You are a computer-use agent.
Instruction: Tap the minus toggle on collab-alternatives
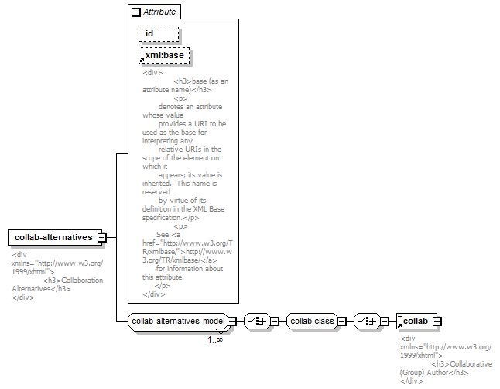pyautogui.click(x=102, y=238)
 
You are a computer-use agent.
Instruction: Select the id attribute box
pyautogui.click(x=159, y=33)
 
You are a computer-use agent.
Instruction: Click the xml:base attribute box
pyautogui.click(x=164, y=55)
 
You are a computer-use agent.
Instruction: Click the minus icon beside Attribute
pyautogui.click(x=136, y=12)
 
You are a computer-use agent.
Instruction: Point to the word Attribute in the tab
pyautogui.click(x=159, y=12)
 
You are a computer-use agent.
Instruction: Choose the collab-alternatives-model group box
pyautogui.click(x=178, y=322)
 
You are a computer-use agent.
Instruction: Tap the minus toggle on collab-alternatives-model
pyautogui.click(x=232, y=322)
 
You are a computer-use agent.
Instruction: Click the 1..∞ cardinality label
pyautogui.click(x=215, y=339)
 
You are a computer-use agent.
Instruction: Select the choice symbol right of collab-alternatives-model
pyautogui.click(x=257, y=322)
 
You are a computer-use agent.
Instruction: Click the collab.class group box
pyautogui.click(x=312, y=322)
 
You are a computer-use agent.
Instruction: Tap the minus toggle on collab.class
pyautogui.click(x=342, y=322)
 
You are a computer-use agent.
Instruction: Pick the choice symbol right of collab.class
pyautogui.click(x=367, y=322)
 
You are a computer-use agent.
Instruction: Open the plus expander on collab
pyautogui.click(x=437, y=322)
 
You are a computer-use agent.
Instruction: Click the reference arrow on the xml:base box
pyautogui.click(x=142, y=60)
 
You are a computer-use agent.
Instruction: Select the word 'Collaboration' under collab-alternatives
pyautogui.click(x=82, y=281)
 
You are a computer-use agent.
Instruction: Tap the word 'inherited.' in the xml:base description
pyautogui.click(x=156, y=184)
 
